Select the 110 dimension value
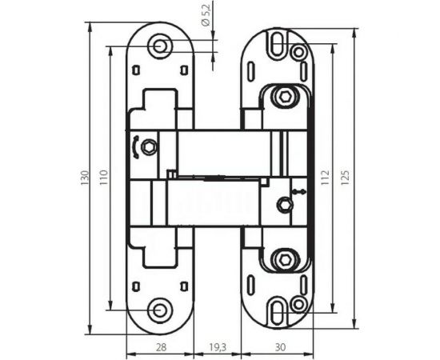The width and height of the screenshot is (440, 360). [102, 178]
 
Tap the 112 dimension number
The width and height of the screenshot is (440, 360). [325, 178]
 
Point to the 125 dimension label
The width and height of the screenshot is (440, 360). [345, 178]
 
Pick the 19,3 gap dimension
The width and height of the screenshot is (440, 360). [218, 346]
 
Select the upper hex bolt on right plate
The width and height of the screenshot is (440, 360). [284, 97]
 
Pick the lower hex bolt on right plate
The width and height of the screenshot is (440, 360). [284, 259]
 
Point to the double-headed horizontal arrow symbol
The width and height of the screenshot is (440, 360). [298, 192]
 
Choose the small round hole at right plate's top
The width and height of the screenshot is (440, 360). [298, 53]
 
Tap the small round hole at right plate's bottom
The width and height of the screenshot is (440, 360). [298, 303]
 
